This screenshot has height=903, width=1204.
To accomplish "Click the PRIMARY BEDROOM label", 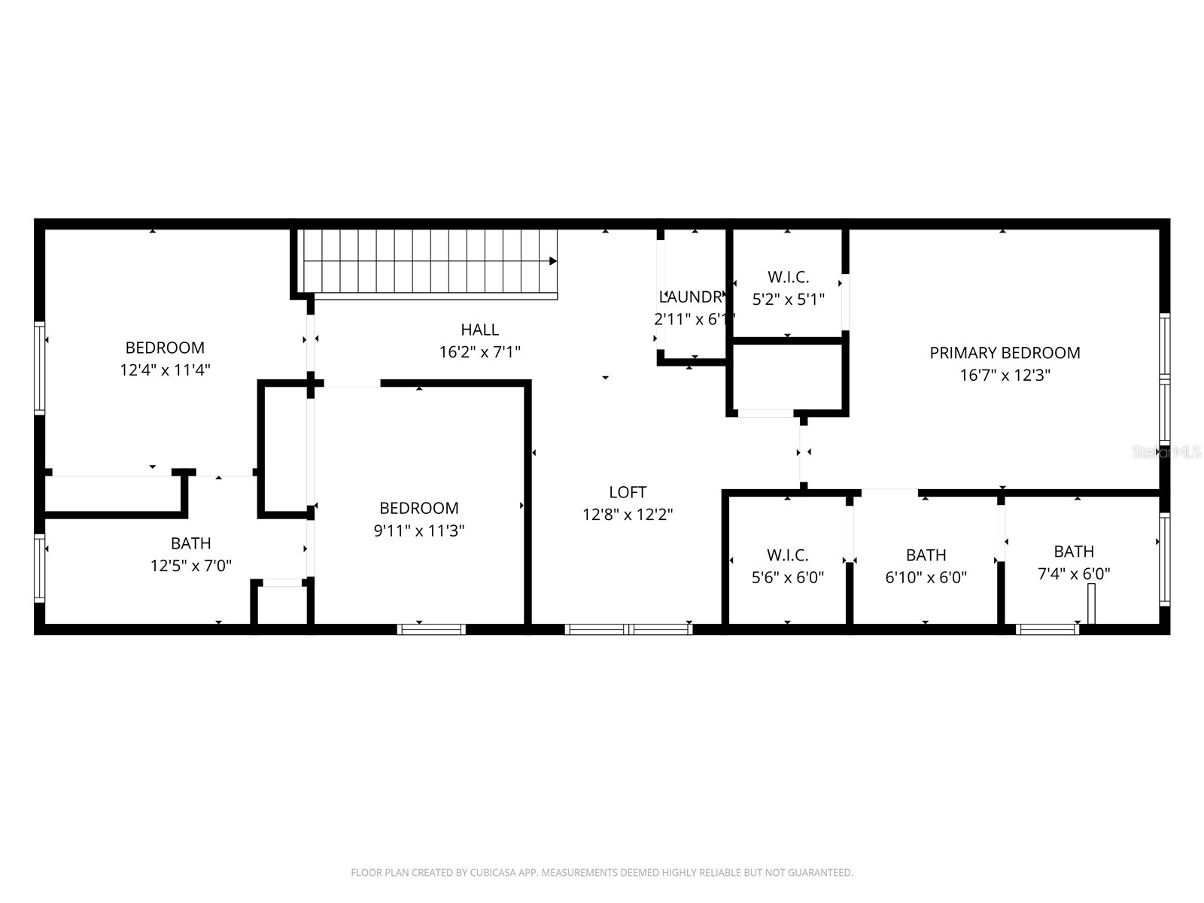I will point(1005,353).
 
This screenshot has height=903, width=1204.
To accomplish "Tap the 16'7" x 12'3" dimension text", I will point(1005,375).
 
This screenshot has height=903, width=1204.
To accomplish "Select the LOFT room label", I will point(628,492).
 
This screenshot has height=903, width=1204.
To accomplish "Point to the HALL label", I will point(480,330).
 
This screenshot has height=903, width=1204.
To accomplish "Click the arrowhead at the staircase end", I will point(553,261).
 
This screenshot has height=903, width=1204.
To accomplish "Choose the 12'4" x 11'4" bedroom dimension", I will point(165,370).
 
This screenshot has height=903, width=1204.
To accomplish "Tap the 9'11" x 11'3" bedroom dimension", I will point(419,531).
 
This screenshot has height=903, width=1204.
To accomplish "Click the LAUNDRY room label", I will point(692,297).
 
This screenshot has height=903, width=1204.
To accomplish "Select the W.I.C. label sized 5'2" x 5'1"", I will point(788,277).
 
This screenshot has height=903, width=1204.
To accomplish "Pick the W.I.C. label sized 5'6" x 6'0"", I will point(787,555).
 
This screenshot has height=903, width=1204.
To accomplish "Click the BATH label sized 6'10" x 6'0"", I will point(926,555).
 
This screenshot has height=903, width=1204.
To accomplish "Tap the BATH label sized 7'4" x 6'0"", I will point(1074,552).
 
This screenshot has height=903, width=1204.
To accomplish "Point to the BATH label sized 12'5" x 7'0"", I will point(190,543).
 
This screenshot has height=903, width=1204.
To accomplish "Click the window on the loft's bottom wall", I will point(628,629).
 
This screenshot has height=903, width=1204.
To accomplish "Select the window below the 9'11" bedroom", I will point(431,629).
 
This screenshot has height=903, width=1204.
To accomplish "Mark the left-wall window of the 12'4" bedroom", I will point(39,368).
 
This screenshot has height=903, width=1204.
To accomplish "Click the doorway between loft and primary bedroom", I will point(804,452).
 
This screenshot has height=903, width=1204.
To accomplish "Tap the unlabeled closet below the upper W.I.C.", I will point(788,377).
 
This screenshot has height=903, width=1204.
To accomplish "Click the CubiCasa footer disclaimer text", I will point(601,873).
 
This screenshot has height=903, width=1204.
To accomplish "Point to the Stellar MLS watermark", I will point(1166,452).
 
